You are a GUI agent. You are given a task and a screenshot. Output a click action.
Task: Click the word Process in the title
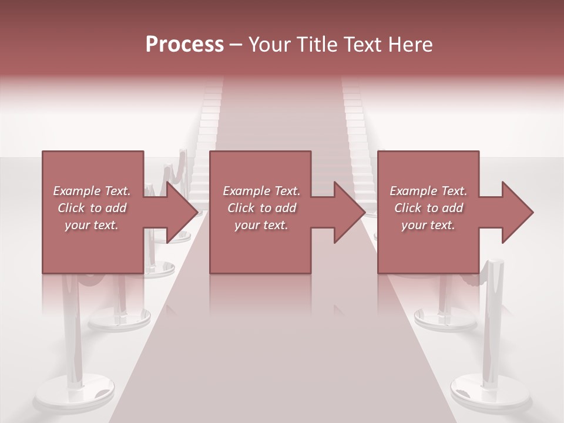click(184, 45)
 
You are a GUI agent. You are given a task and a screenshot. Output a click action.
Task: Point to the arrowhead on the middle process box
click(349, 212)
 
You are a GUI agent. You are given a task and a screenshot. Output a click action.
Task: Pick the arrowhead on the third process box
click(517, 212)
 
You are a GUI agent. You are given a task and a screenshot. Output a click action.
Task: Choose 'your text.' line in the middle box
click(261, 225)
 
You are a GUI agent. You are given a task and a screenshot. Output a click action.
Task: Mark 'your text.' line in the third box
click(428, 225)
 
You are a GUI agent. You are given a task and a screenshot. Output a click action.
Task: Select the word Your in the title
click(269, 45)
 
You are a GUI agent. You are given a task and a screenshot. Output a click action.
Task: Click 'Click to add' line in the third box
click(428, 208)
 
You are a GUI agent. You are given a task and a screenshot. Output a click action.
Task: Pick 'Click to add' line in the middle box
click(261, 208)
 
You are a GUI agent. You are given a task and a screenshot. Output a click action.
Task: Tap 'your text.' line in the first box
click(92, 225)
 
